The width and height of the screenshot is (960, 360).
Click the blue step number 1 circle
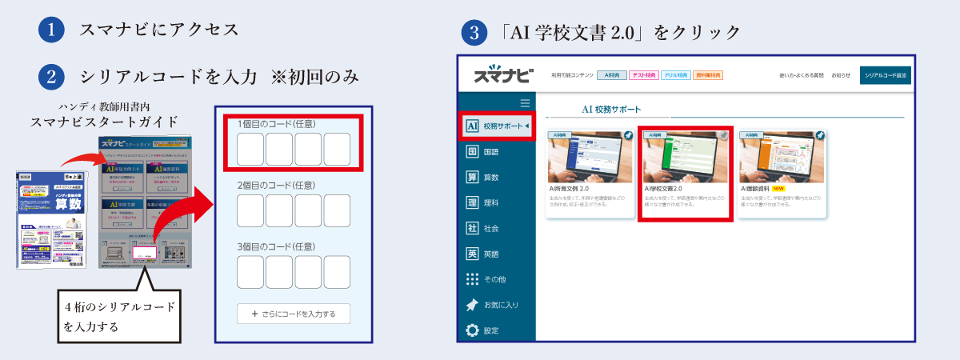click(50, 30)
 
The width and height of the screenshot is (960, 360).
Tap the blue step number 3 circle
click(475, 34)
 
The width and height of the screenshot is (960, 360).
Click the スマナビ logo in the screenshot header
click(502, 75)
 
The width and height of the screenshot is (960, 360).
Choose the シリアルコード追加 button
click(886, 75)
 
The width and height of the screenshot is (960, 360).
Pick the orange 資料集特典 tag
click(707, 75)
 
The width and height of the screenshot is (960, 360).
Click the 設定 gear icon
click(472, 330)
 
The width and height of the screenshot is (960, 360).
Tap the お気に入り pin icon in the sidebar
click(472, 305)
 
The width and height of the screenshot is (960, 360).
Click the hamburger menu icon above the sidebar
click(525, 102)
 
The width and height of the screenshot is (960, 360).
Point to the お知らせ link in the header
click(841, 75)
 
